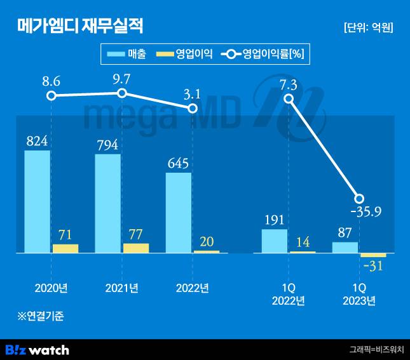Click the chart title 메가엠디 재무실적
coord(80,26)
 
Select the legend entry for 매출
coord(127,55)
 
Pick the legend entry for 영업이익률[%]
coord(263,55)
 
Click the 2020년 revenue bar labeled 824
coord(38,202)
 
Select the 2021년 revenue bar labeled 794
coord(108,204)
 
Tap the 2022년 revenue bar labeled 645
coord(179,213)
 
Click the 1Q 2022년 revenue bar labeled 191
coord(275,241)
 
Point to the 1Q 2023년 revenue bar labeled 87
coord(345,248)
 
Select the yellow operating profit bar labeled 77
coord(136,248)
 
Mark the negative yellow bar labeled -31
coord(373,255)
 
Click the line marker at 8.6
coord(51,96)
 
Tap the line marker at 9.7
coord(122,93)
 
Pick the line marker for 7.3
coord(289,98)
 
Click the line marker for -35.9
coord(359,198)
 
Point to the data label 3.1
coord(192,95)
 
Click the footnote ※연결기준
coord(41,315)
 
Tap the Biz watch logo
coord(37,350)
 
